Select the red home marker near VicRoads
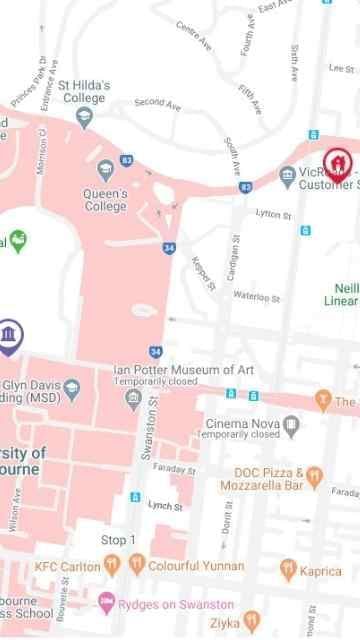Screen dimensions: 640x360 [x=338, y=160]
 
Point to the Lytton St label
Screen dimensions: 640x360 [x=273, y=214]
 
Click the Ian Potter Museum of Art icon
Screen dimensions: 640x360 [x=133, y=398]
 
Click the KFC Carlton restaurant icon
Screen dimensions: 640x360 [x=111, y=565]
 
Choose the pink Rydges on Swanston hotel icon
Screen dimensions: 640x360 [x=106, y=604]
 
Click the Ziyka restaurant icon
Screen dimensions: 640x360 [x=251, y=621]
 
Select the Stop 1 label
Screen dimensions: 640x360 [x=118, y=540]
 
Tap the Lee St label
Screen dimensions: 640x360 [x=341, y=68]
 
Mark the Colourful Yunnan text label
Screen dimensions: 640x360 [x=184, y=565]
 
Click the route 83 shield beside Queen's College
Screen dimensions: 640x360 [x=127, y=159]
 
